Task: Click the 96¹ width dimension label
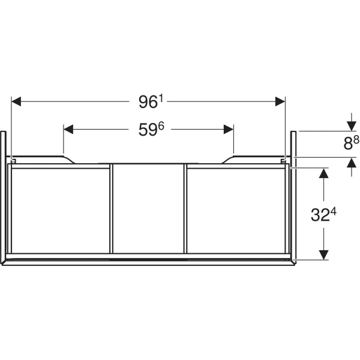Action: tap(151, 101)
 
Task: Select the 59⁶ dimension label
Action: tap(151, 129)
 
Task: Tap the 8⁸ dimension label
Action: tap(351, 143)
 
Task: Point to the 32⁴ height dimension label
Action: tap(323, 214)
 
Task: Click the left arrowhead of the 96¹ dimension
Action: tap(16, 101)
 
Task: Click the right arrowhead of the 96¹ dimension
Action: tap(280, 101)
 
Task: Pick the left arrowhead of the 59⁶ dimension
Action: tap(68, 129)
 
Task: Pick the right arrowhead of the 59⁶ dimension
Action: tap(229, 129)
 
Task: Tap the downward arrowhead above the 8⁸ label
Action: tap(352, 126)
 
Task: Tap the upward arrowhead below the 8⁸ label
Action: tap(352, 163)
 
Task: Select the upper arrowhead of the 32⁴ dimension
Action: tap(323, 173)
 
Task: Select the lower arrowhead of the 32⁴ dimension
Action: tap(323, 255)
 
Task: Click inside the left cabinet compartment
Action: tap(61, 211)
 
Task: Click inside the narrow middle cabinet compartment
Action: tap(149, 209)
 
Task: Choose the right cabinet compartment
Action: tap(236, 211)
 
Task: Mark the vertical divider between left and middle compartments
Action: tap(112, 209)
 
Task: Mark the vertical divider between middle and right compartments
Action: tap(185, 209)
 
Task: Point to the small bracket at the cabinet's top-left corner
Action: tap(14, 161)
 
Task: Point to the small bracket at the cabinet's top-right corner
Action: tap(283, 161)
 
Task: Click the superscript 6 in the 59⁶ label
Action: tap(161, 126)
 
